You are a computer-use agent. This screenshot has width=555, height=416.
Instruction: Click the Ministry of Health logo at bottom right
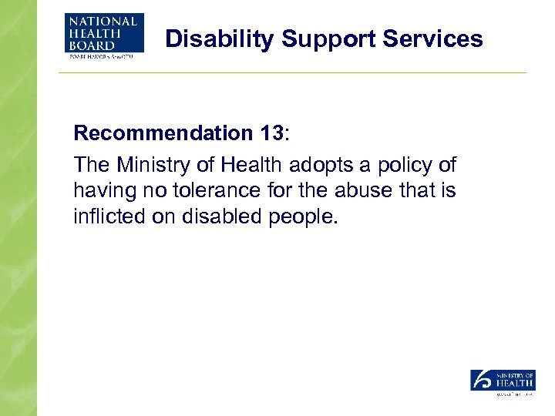click(503, 382)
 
